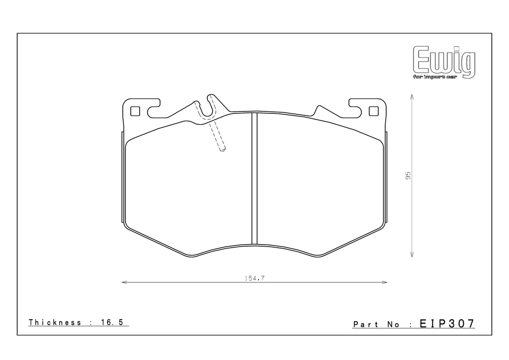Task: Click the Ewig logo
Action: click(x=444, y=62)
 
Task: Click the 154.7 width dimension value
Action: click(x=254, y=278)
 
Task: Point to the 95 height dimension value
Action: click(x=408, y=176)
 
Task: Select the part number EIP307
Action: click(x=447, y=323)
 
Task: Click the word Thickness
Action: click(x=55, y=322)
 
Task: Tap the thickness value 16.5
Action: click(x=111, y=322)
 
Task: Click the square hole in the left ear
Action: click(x=135, y=111)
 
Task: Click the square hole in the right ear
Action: click(x=374, y=111)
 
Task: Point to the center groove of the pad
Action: click(x=254, y=178)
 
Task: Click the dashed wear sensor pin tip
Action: click(x=222, y=150)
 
